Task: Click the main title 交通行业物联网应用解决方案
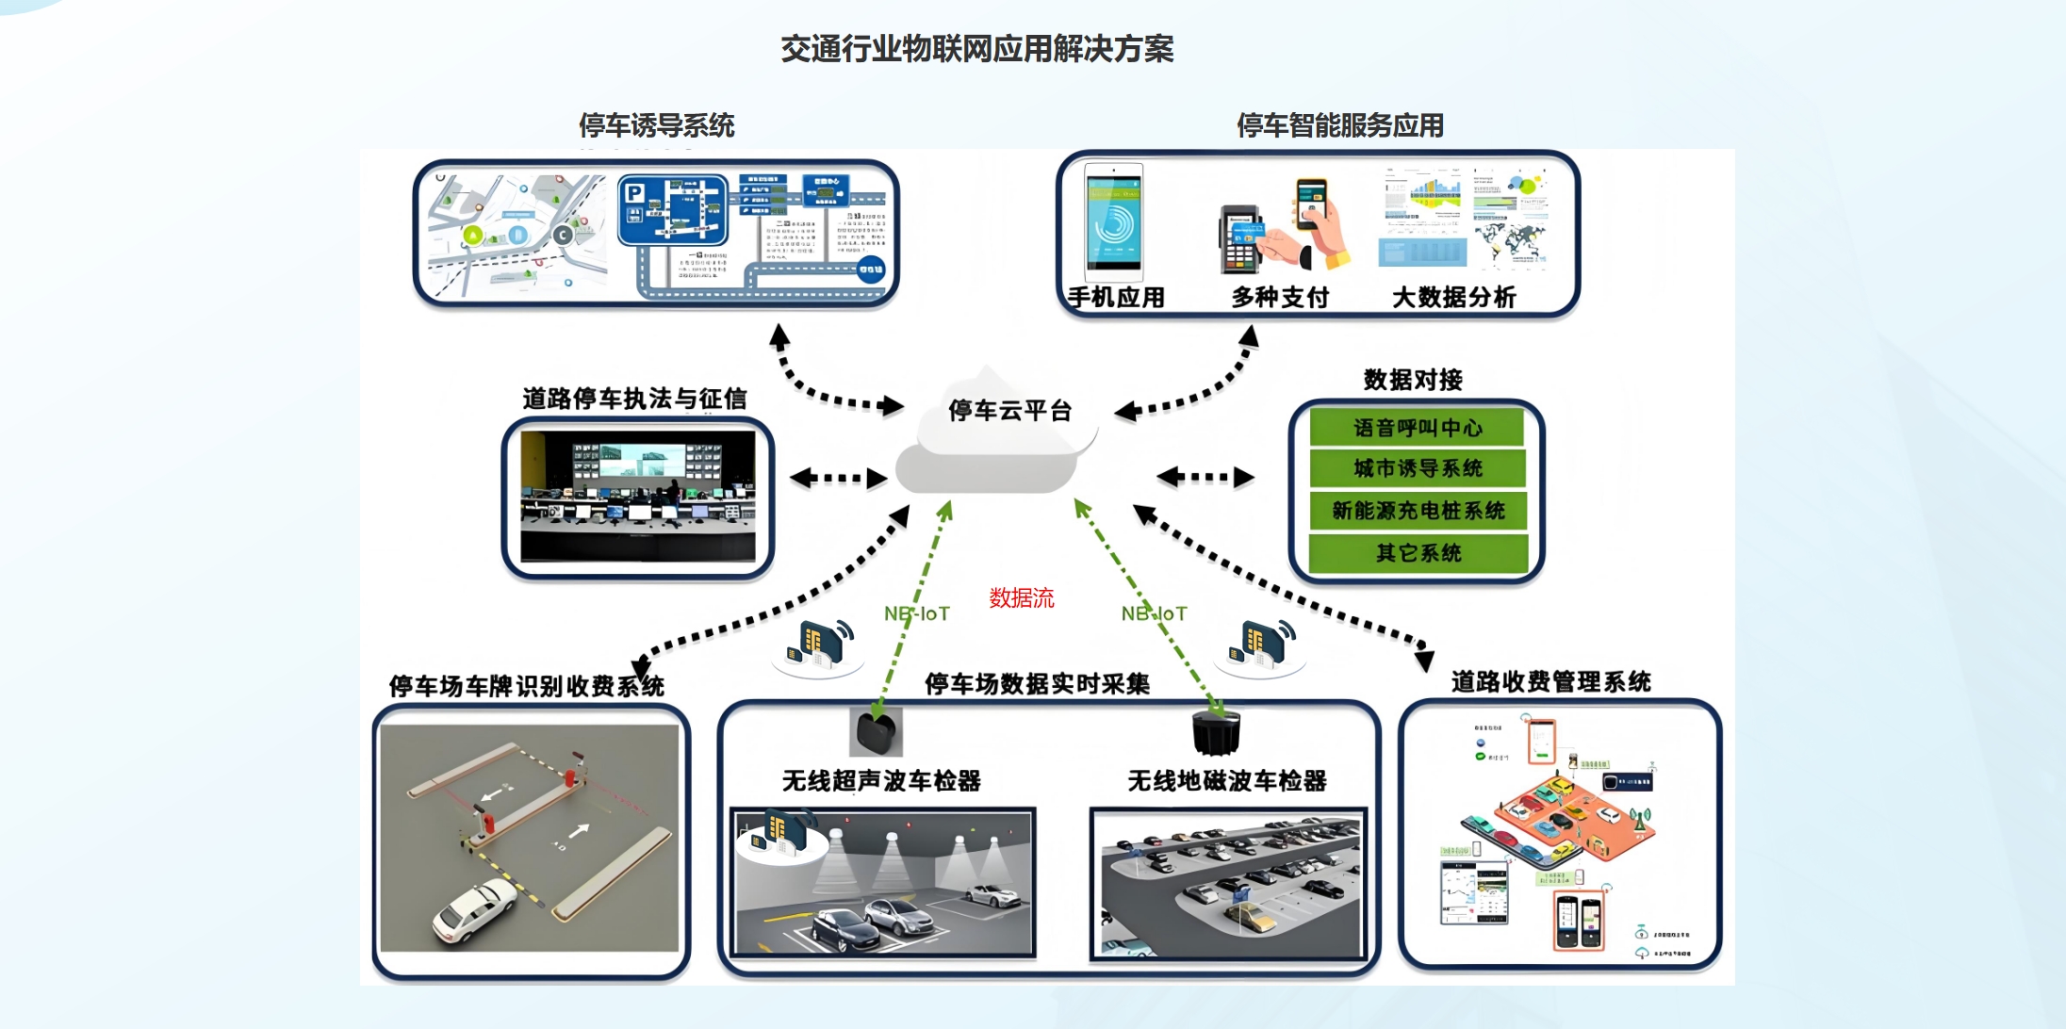(x=976, y=49)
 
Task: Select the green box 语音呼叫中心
(x=1417, y=428)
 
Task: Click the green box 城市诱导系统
(x=1417, y=468)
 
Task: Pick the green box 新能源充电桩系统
(x=1417, y=511)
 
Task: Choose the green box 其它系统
(x=1417, y=553)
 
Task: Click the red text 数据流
(x=1021, y=597)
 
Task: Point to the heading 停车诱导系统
(x=656, y=125)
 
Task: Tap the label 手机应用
(x=1116, y=298)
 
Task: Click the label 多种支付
(x=1279, y=298)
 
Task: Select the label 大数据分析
(x=1453, y=298)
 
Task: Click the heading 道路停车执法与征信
(x=634, y=399)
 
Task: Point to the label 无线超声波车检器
(x=881, y=780)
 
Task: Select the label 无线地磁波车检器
(x=1226, y=780)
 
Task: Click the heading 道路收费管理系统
(x=1550, y=681)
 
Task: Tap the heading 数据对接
(x=1412, y=380)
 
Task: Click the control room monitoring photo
(x=637, y=497)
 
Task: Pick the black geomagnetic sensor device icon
(x=1216, y=733)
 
